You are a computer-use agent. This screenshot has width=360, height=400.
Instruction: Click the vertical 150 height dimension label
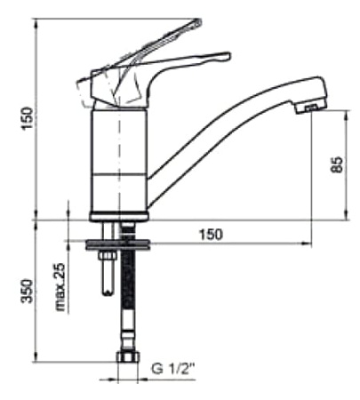pos(27,116)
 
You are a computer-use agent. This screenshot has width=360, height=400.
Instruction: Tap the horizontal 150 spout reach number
pos(210,234)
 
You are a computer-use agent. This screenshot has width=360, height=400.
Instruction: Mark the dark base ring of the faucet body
pos(118,215)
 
